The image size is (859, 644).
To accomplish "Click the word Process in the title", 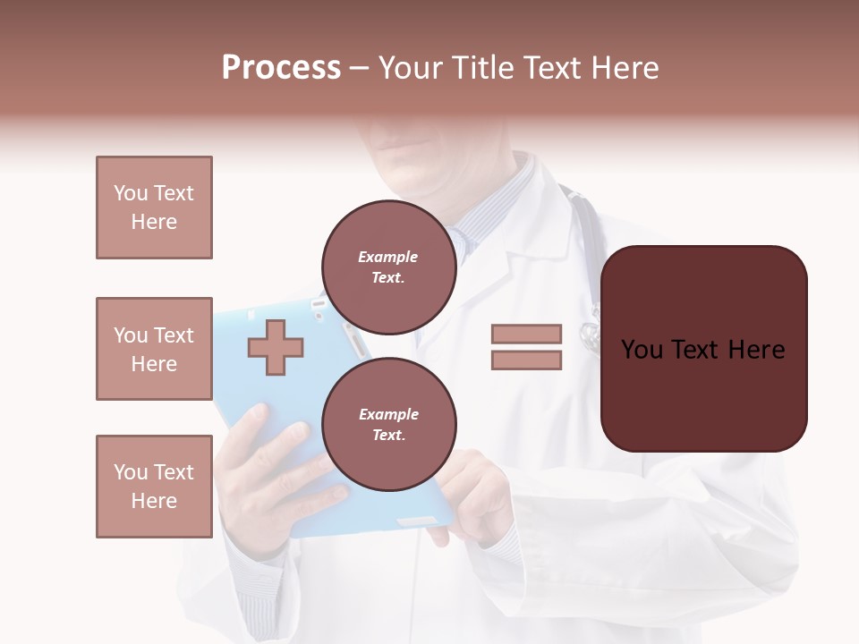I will [x=281, y=68].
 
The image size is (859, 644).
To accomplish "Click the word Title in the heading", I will [x=480, y=68].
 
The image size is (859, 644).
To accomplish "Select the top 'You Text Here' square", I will [x=154, y=208].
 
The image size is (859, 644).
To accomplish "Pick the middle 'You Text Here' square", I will [x=154, y=349].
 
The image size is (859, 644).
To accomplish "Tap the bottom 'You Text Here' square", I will [x=154, y=487].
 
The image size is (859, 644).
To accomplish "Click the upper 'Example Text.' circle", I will [x=388, y=267].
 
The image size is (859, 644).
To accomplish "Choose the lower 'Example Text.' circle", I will [x=388, y=424].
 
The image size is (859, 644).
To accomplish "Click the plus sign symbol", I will [x=276, y=347].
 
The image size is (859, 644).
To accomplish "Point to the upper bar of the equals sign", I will [x=526, y=335].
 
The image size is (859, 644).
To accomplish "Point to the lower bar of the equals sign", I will [x=526, y=360].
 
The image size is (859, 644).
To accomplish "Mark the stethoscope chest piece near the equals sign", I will [x=590, y=335].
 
